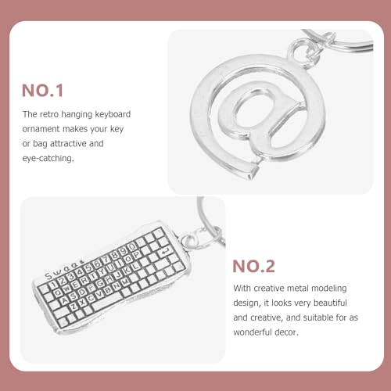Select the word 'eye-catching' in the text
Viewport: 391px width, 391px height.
click(48, 157)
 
